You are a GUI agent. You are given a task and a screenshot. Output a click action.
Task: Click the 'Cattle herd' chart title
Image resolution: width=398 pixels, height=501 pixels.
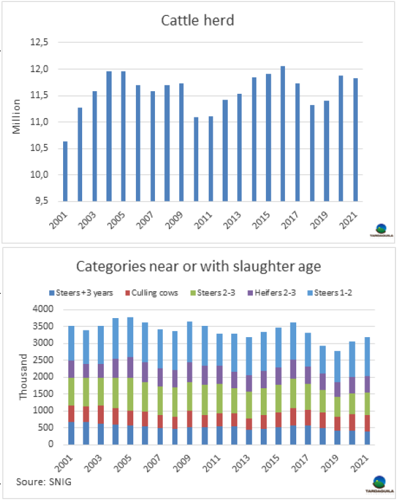tap(198, 20)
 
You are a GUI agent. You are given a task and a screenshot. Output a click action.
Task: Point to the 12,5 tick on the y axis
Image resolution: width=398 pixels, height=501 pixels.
tap(41, 43)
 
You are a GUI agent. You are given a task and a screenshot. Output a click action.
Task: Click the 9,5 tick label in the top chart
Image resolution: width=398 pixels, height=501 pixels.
tap(41, 201)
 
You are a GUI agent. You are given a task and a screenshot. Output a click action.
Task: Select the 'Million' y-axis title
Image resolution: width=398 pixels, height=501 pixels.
tap(18, 117)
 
